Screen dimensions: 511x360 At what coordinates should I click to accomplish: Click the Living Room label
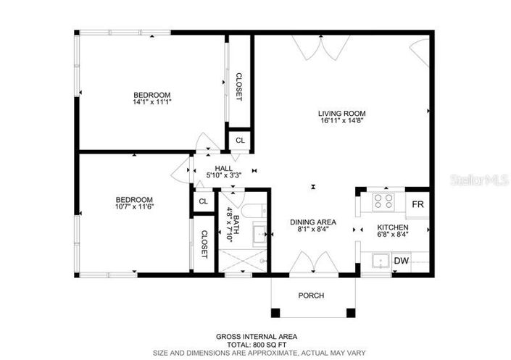tap(341, 114)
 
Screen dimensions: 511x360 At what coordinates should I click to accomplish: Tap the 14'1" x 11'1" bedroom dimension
tap(152, 101)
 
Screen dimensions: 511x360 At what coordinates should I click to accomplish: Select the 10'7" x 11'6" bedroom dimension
tap(134, 206)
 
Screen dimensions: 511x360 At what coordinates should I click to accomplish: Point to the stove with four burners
tap(383, 201)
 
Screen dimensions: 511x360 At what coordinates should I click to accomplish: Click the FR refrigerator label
tap(417, 204)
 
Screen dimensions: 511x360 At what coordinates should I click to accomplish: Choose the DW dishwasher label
tap(402, 261)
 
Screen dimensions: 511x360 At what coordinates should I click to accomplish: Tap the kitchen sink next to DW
tap(381, 261)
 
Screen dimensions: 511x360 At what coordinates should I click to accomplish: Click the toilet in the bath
tap(254, 211)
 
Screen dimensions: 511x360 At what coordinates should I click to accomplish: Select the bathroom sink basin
tap(259, 234)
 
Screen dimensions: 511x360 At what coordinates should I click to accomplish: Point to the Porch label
tap(311, 296)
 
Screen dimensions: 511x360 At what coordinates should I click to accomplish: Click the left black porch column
tap(275, 313)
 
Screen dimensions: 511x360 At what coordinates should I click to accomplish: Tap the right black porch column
tap(351, 313)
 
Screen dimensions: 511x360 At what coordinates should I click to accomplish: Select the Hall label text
tap(223, 169)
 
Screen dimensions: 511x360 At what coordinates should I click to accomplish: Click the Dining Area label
tap(313, 222)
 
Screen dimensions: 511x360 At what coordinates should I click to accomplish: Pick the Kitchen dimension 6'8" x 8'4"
tap(393, 234)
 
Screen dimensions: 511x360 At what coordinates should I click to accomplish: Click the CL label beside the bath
tap(204, 201)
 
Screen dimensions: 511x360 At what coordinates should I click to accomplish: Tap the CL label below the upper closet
tap(240, 141)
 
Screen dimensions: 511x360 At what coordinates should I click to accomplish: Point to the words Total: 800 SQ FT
tap(257, 345)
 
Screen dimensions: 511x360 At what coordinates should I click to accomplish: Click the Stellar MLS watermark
tap(479, 180)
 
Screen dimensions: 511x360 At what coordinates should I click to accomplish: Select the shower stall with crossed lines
tap(243, 261)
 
